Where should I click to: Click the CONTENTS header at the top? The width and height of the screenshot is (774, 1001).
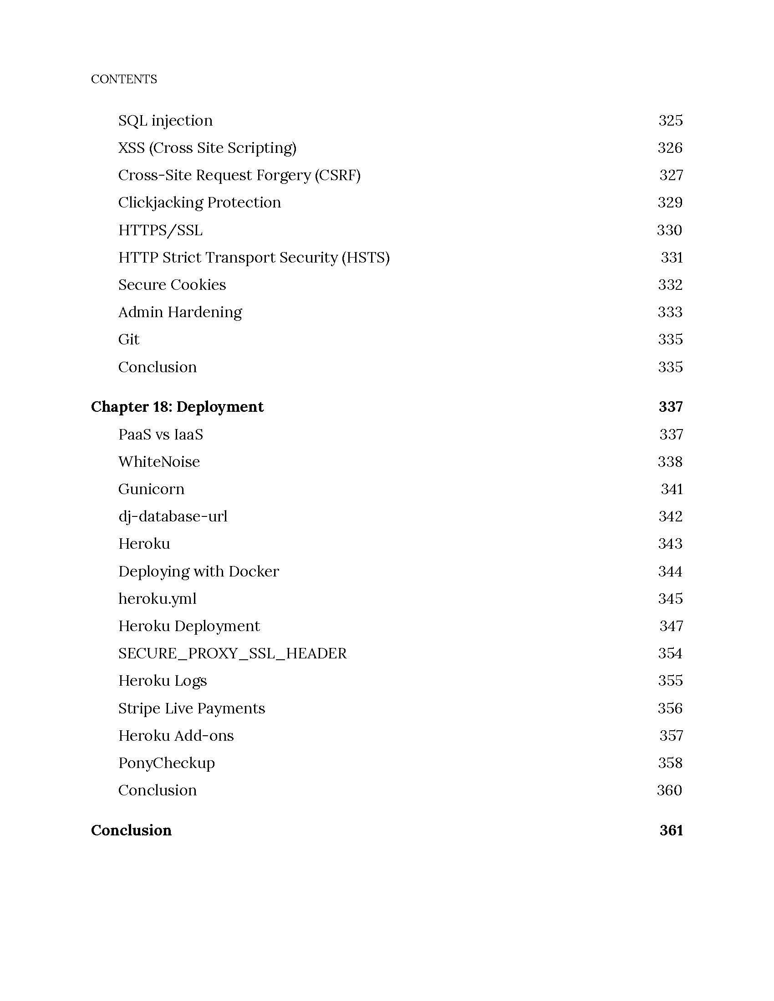[x=124, y=79]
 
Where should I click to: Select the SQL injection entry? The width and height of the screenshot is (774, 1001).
[x=165, y=121]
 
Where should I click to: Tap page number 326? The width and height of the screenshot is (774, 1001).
[x=669, y=147]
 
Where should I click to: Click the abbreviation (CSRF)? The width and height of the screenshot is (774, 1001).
[x=337, y=175]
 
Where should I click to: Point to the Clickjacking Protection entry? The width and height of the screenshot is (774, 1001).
[x=199, y=202]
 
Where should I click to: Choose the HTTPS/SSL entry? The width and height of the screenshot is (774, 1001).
[x=160, y=230]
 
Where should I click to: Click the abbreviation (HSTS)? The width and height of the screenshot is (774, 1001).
[x=366, y=258]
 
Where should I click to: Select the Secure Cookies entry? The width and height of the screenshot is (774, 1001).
[x=172, y=285]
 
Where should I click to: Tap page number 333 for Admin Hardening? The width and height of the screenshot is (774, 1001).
[x=669, y=312]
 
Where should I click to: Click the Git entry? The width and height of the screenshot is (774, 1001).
[x=128, y=339]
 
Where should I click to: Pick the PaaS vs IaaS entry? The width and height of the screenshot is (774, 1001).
[x=160, y=435]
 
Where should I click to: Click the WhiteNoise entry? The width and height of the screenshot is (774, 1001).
[x=158, y=461]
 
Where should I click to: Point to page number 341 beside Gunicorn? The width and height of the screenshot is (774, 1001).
[x=671, y=489]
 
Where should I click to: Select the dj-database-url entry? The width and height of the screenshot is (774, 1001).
[x=173, y=516]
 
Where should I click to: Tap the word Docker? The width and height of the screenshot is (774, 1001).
[x=254, y=571]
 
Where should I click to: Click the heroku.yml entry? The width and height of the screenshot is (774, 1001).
[x=157, y=599]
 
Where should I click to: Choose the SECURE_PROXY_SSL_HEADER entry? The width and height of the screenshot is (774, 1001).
[x=233, y=653]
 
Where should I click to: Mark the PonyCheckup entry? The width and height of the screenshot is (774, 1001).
[x=167, y=763]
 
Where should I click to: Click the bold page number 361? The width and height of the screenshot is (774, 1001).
[x=671, y=830]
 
